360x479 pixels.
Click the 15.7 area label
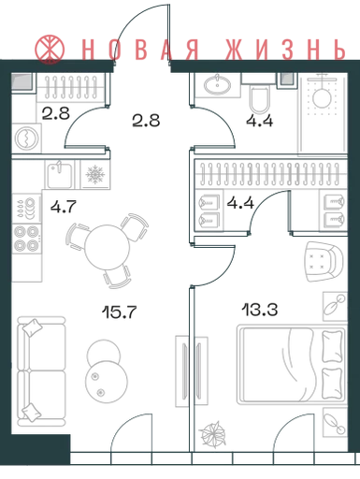point(120,312)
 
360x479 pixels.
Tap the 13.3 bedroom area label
point(260,310)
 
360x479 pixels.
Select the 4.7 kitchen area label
point(64,207)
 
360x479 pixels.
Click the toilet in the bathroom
point(260,99)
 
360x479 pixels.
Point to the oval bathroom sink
point(217,84)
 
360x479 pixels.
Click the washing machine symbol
point(27,138)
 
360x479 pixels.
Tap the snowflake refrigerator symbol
point(95,174)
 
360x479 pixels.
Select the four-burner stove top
point(26,239)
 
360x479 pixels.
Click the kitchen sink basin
point(60,174)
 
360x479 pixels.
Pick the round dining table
point(108,247)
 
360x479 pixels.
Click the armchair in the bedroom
point(324,262)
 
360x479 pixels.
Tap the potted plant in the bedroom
point(213,434)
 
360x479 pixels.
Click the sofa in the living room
point(41,371)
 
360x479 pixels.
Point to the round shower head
point(322,97)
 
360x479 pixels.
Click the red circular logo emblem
point(50,50)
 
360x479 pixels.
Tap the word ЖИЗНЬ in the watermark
point(285,50)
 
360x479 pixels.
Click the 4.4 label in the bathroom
point(260,121)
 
